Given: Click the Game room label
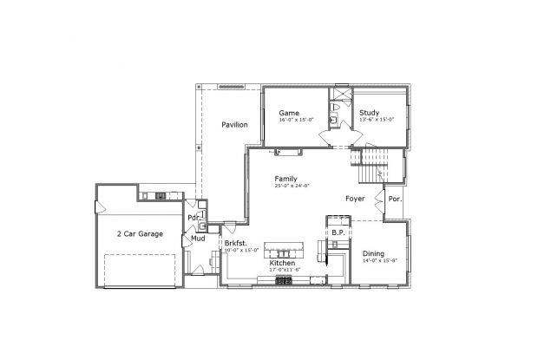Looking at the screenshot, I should (x=289, y=114).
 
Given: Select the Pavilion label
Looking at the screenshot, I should (x=234, y=125).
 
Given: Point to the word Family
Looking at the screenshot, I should (x=286, y=178).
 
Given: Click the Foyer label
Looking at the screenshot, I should (x=354, y=199).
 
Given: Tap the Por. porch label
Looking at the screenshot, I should (x=395, y=199).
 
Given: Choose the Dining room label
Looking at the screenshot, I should (x=374, y=252).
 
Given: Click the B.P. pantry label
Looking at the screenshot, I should (x=338, y=233).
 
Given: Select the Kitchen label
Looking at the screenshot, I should (x=282, y=263).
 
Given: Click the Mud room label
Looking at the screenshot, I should (x=198, y=238).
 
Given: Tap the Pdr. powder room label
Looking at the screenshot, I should (x=193, y=217).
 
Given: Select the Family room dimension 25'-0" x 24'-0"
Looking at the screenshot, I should (x=292, y=186).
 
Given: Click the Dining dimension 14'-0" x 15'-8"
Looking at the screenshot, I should (x=380, y=260).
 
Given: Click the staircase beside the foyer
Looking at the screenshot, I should (x=371, y=160).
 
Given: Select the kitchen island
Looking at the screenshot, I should (x=286, y=246).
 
